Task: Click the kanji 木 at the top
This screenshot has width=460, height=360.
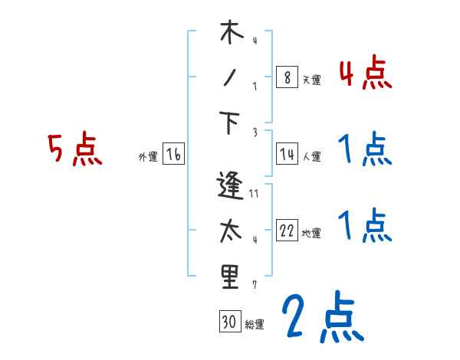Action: point(230,34)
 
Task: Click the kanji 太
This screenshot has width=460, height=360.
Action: point(230,231)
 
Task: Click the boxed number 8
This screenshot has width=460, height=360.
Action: point(286,77)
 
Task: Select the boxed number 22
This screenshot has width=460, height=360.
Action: point(287,231)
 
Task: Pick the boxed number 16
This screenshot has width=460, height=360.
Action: point(173,155)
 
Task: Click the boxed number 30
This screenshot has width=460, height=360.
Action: point(229,322)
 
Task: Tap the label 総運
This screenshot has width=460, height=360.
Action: point(255,324)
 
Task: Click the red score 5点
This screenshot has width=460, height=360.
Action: point(74,150)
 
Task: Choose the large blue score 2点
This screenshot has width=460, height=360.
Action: point(322,318)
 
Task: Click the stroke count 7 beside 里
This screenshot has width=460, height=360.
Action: point(255,285)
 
